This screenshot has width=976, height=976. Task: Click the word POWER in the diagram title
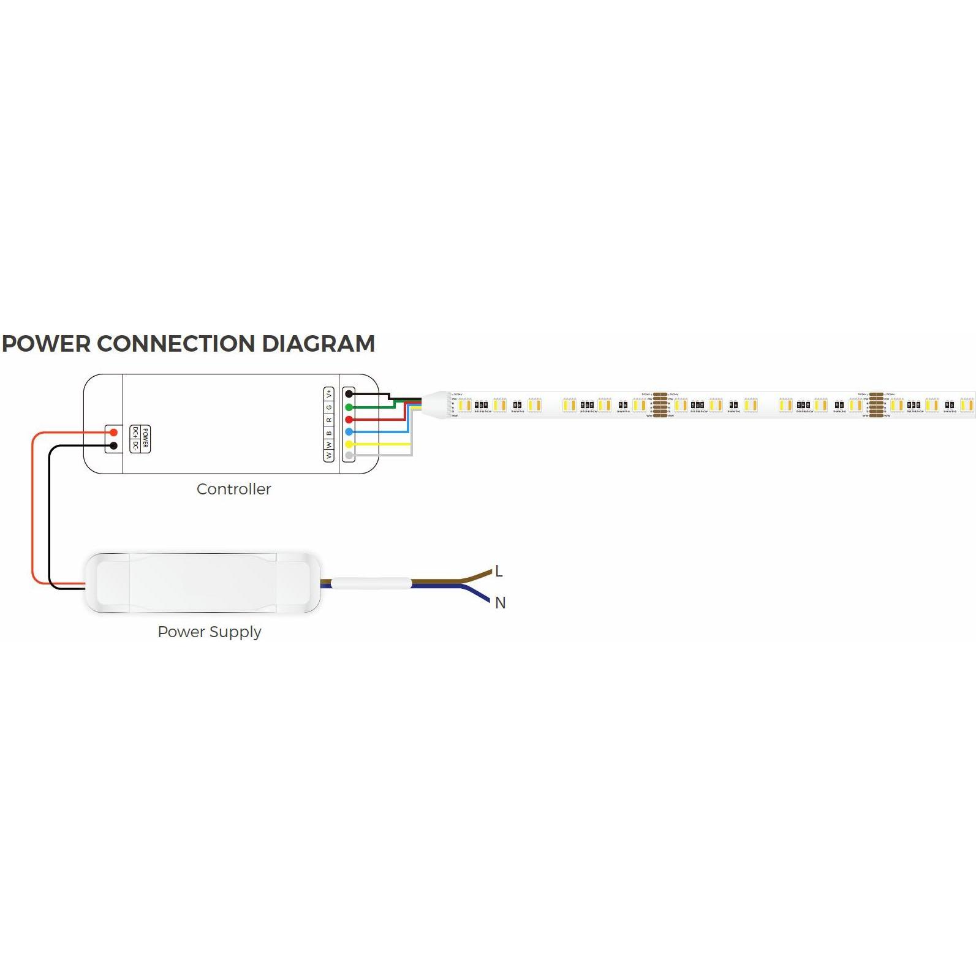[47, 344]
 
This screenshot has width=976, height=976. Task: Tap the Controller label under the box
[233, 489]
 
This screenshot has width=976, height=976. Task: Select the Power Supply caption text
[210, 632]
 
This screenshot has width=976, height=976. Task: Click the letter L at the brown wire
[499, 571]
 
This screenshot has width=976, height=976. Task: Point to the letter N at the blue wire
[500, 603]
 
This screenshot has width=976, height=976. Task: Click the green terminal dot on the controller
[349, 407]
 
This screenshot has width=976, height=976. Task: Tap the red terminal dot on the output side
[349, 420]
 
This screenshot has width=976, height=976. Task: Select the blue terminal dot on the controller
[349, 432]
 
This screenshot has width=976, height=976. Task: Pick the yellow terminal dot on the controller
[349, 444]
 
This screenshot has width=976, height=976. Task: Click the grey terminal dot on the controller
[349, 455]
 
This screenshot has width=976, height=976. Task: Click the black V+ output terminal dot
[349, 394]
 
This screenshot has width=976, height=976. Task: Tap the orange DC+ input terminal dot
[113, 433]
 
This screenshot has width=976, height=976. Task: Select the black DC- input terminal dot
[113, 445]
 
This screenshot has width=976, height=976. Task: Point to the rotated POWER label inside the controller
[145, 439]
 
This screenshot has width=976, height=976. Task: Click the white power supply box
[202, 583]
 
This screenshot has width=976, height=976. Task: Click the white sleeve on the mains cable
[371, 583]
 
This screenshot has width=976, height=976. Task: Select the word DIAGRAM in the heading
[318, 344]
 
